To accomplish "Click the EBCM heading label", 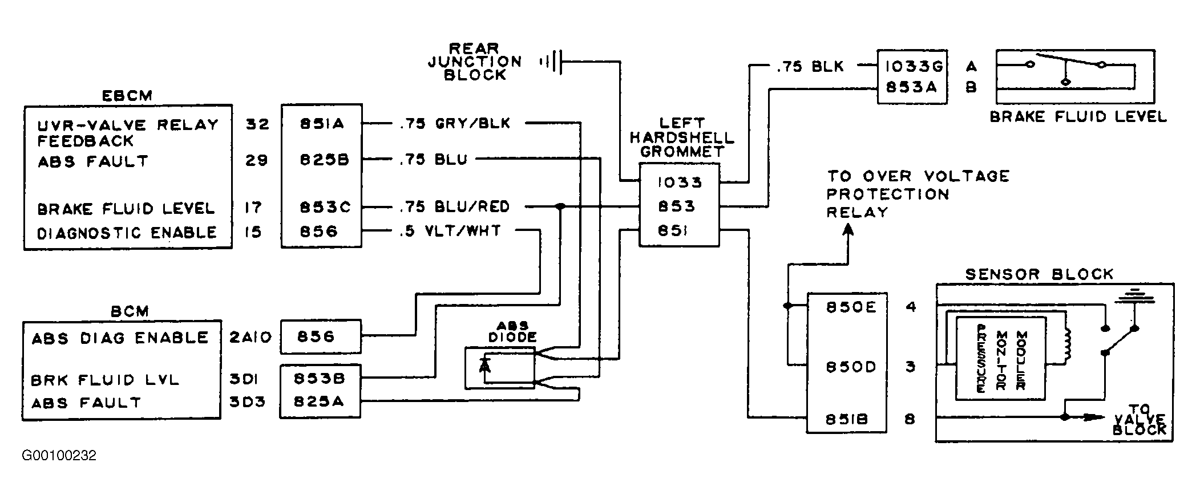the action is pos(127,95).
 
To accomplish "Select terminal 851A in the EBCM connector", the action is pos(322,124).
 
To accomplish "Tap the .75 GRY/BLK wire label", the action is pos(455,123).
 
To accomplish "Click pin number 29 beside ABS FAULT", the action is pos(256,160).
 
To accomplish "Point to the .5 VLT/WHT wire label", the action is pos(450,231).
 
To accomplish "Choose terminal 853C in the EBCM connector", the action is pos(325,207).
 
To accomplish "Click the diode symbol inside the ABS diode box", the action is pos(485,363).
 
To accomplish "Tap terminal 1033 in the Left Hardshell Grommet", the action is pos(680,182).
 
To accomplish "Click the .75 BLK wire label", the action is pos(810,67).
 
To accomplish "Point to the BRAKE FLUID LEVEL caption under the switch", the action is pos(1078,117).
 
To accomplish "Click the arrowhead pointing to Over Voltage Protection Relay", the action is pos(848,230).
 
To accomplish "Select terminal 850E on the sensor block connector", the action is pos(851,307).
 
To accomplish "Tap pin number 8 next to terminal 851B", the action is pos(910,419).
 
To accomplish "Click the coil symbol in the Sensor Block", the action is pos(1066,346).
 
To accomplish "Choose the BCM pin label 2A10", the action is pos(250,338).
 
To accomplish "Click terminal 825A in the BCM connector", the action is pos(319,402).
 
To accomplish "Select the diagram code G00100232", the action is pos(59,456).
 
